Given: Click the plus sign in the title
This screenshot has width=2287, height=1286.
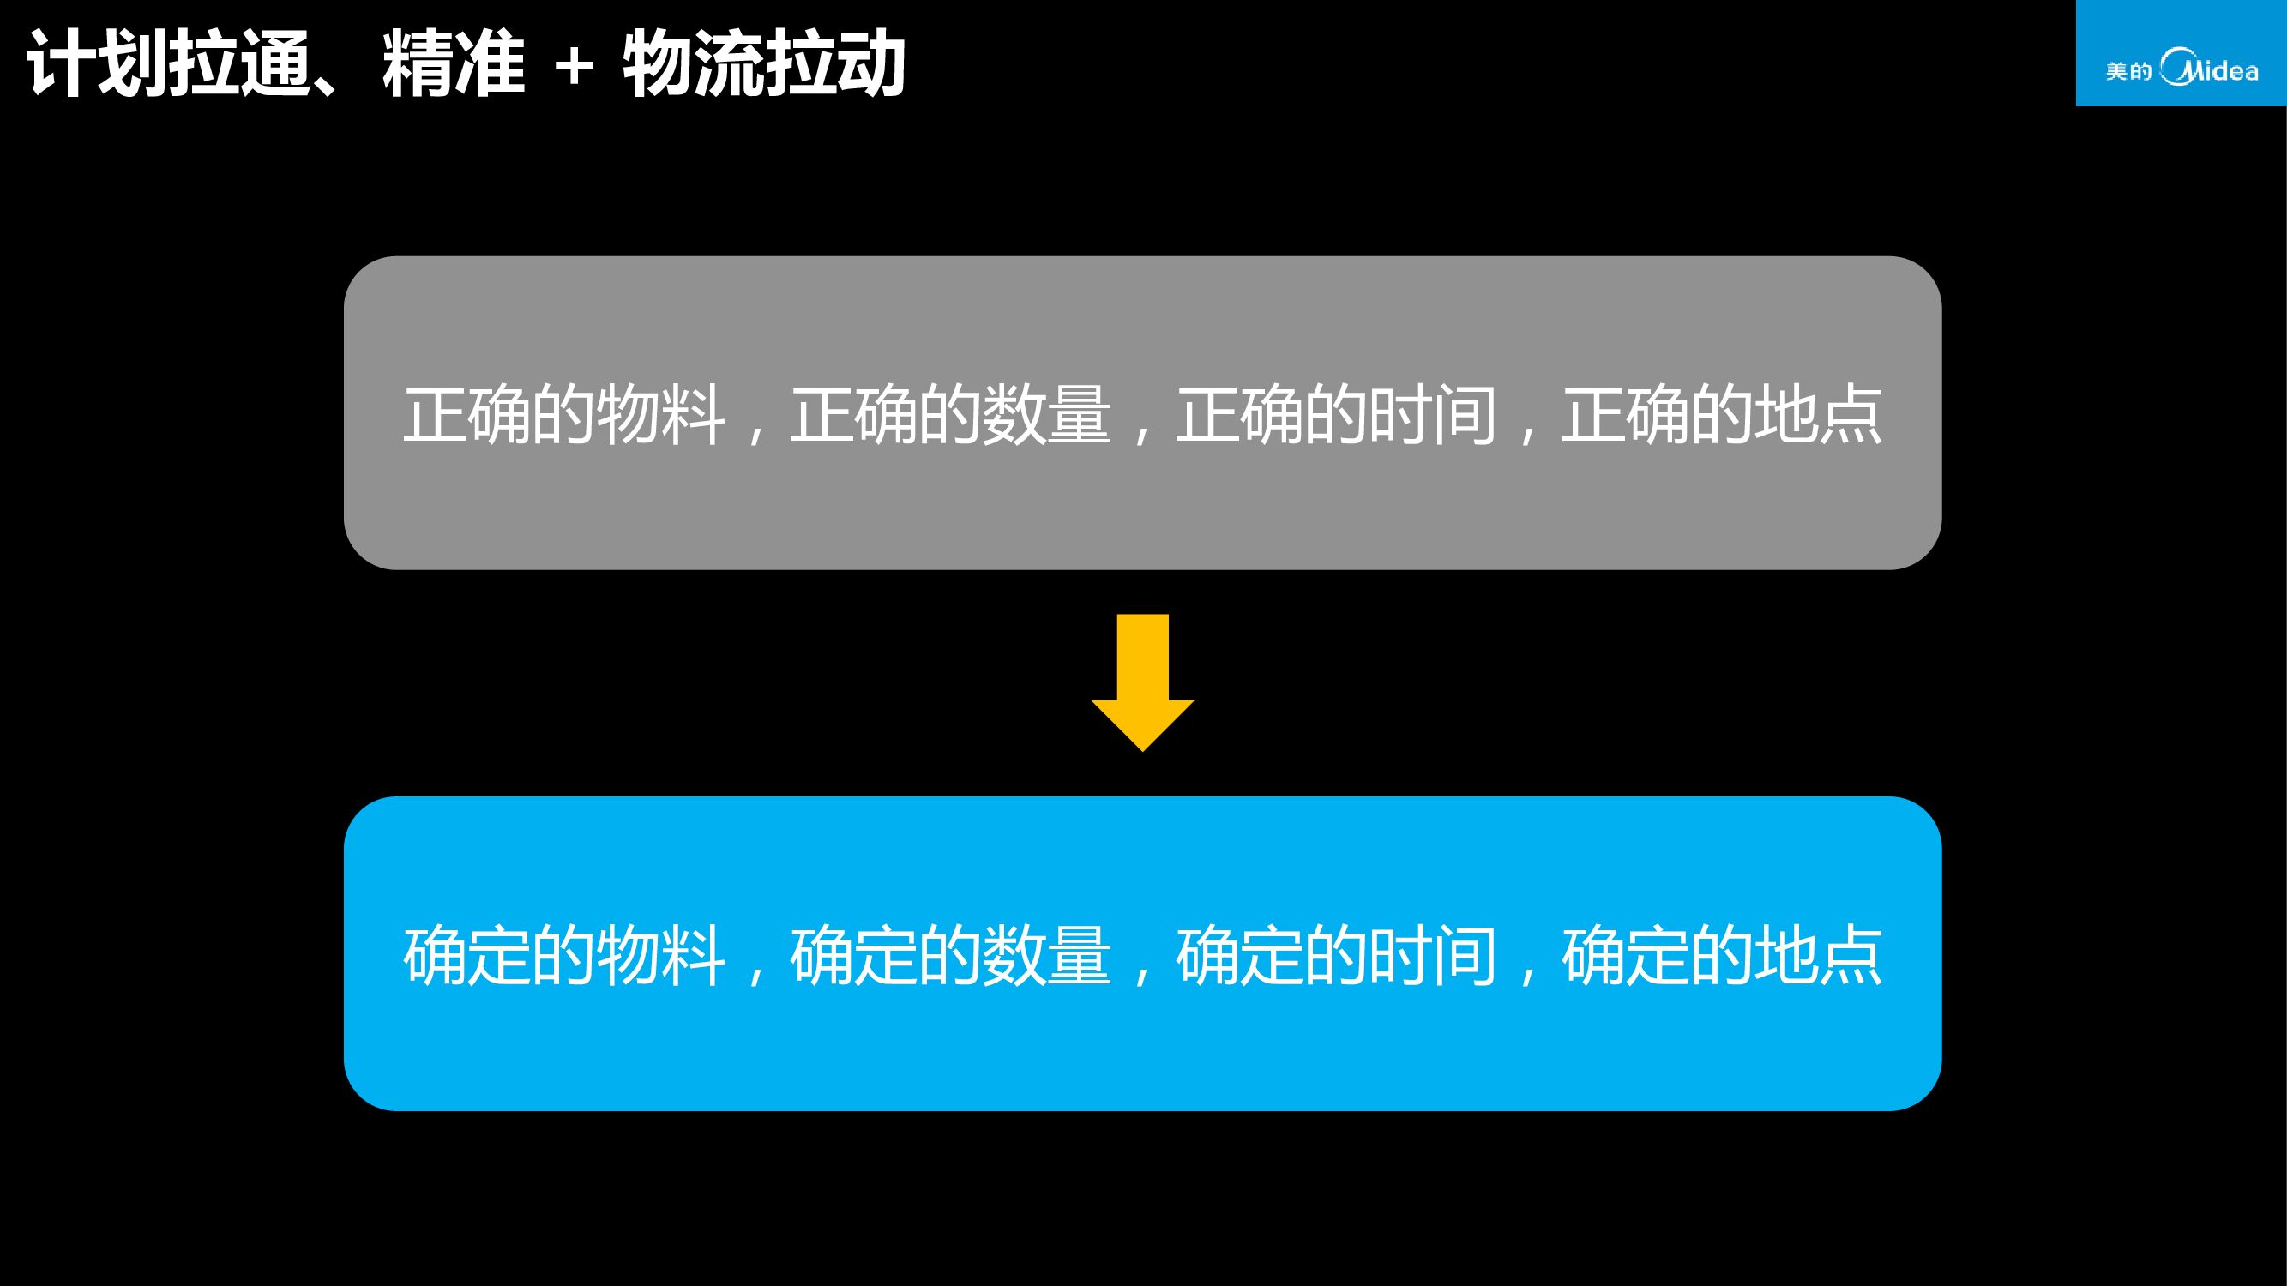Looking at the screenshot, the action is (x=574, y=67).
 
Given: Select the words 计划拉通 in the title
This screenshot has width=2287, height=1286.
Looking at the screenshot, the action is (x=169, y=64).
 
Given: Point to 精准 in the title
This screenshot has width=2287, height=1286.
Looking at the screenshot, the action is (x=454, y=64).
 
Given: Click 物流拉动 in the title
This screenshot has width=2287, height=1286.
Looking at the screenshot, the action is (x=763, y=64).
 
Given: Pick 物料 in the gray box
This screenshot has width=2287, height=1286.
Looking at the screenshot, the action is (x=660, y=414).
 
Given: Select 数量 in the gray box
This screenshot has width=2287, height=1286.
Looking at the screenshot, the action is (x=1047, y=414).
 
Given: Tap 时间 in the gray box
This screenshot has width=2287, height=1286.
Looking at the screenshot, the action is (x=1433, y=414).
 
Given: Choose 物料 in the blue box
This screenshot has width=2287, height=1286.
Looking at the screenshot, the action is (x=660, y=956).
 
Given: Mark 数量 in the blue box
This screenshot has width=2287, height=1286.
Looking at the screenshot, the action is (x=1047, y=956).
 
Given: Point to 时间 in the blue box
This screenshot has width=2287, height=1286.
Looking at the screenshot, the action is (x=1433, y=956).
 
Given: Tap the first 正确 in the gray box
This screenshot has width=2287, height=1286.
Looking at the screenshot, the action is (x=467, y=414).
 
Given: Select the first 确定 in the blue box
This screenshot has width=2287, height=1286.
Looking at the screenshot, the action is (x=467, y=956).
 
